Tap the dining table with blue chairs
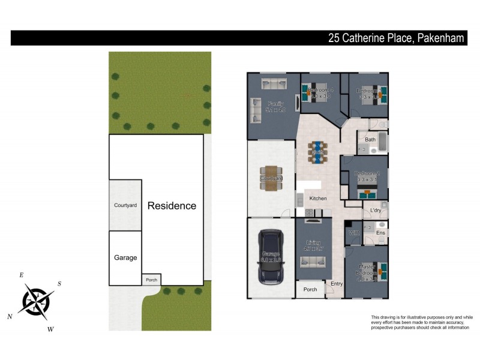tap(317, 152)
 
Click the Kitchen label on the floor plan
tap(317, 198)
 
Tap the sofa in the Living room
tap(313, 262)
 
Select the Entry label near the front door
tap(337, 284)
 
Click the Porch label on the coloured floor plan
tap(310, 289)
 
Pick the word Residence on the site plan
tap(172, 206)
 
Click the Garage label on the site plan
tap(125, 257)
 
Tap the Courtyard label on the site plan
tap(125, 205)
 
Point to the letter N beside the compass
tap(10, 316)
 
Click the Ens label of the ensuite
tap(380, 232)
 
